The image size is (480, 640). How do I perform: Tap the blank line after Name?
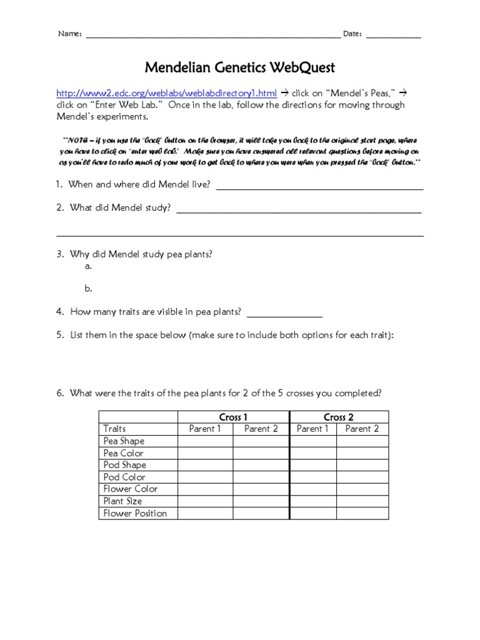click(212, 35)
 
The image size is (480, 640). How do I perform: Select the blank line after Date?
click(393, 35)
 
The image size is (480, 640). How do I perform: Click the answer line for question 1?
click(319, 186)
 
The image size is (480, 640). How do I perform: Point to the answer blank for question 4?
click(285, 313)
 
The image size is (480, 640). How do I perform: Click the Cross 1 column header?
click(233, 417)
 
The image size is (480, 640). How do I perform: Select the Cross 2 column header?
click(338, 417)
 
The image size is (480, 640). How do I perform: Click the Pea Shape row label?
click(124, 441)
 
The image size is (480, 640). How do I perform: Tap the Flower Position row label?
click(135, 513)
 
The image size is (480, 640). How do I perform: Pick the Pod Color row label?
click(124, 477)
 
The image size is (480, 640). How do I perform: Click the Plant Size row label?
click(122, 501)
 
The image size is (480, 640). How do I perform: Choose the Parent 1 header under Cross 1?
click(205, 429)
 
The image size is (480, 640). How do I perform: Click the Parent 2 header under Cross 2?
click(362, 429)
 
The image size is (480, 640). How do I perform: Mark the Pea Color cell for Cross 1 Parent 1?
click(205, 453)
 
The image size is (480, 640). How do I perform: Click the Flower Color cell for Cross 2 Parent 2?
click(362, 489)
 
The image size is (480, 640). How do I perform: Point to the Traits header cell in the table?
click(114, 429)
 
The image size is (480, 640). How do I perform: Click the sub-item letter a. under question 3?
click(88, 266)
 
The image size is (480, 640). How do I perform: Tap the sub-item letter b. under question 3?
click(88, 289)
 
